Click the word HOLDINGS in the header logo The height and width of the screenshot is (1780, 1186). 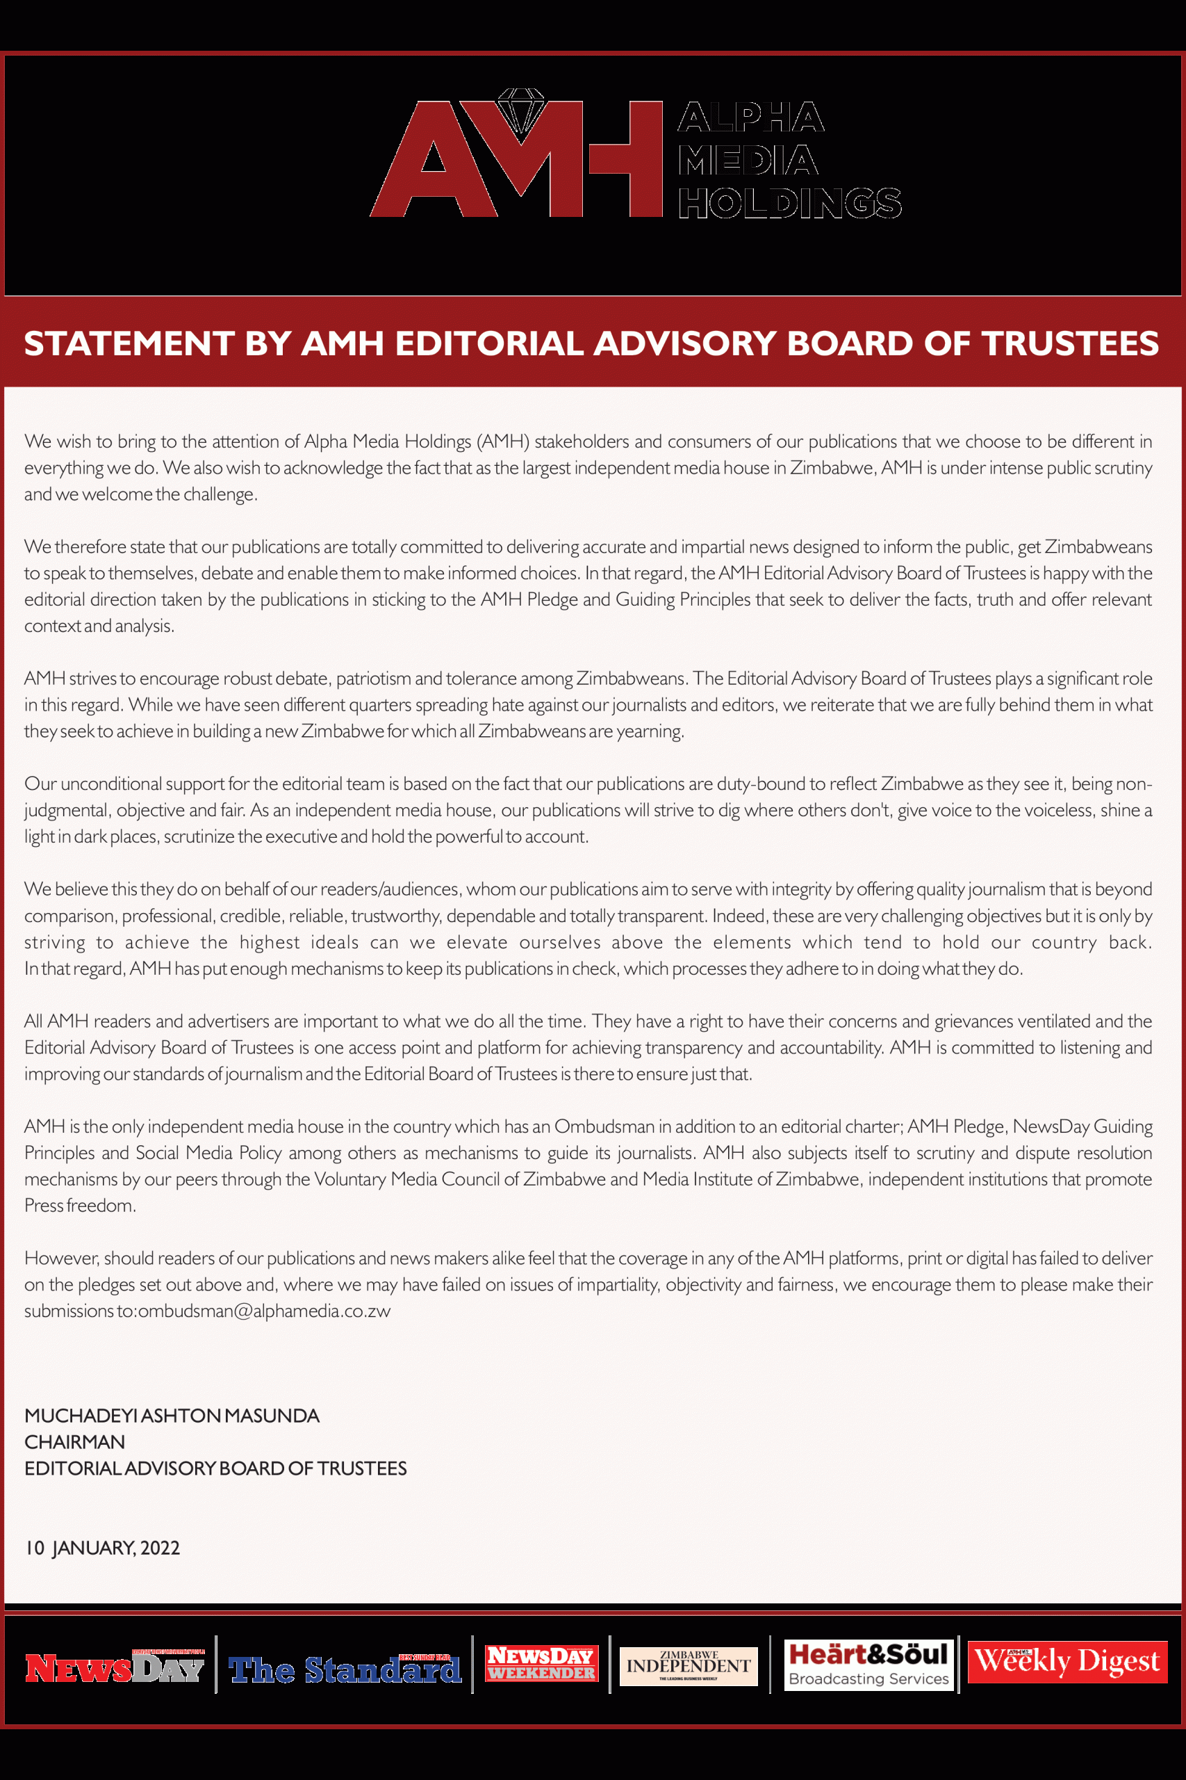point(789,203)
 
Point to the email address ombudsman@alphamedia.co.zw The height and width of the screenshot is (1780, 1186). point(264,1311)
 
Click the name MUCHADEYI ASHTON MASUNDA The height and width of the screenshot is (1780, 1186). point(172,1415)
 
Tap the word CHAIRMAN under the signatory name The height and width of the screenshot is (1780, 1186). point(74,1441)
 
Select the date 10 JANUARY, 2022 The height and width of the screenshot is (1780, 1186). point(102,1547)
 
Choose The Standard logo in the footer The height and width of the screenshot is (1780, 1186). point(345,1669)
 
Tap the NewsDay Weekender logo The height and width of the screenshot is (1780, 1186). point(541,1662)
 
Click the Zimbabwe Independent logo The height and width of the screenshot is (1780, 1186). point(689,1666)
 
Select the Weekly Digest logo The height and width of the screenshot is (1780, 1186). point(1066,1662)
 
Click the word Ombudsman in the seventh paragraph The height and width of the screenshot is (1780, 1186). point(604,1126)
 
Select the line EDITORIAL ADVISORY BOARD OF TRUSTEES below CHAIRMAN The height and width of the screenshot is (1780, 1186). point(215,1468)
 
